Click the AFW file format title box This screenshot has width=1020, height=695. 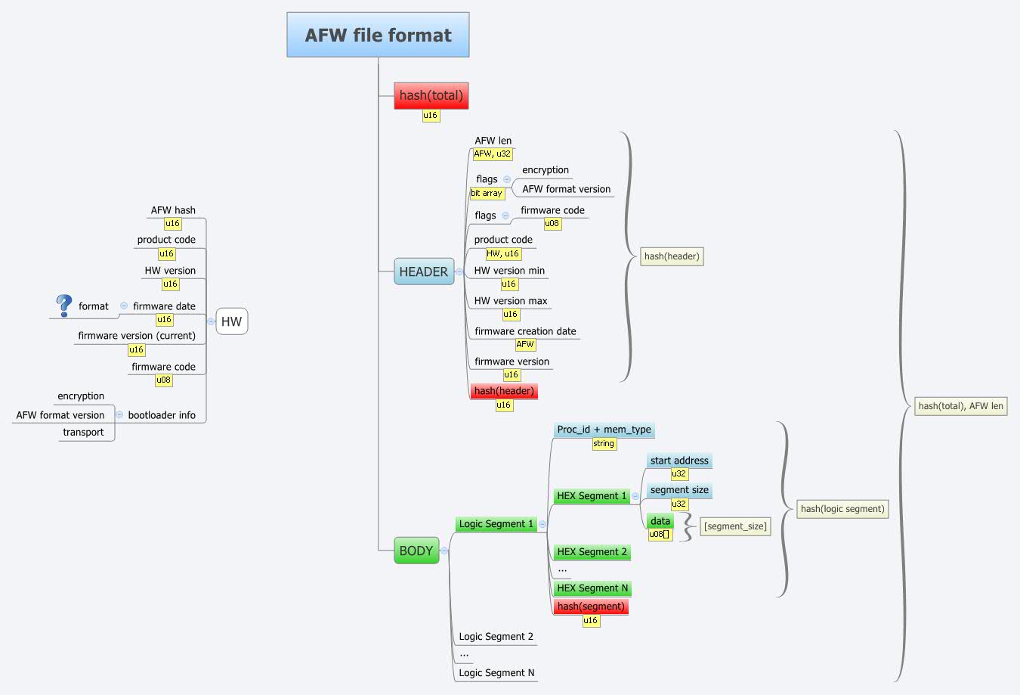378,35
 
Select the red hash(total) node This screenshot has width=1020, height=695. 431,95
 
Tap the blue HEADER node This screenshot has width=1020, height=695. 423,271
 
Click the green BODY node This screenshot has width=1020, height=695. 416,551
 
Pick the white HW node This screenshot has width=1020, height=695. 231,321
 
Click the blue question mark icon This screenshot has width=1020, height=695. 64,306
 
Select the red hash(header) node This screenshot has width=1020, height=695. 504,391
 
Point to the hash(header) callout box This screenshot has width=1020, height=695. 672,256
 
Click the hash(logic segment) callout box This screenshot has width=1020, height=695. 842,509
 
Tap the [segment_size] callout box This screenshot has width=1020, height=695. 735,526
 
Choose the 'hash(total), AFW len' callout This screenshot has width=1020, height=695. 960,406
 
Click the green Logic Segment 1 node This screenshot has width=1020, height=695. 496,524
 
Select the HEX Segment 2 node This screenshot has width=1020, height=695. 592,552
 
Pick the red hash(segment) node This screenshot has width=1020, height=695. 591,607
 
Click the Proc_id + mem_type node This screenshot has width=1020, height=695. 604,430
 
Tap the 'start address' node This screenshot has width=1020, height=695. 679,461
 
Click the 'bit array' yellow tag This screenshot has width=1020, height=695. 487,194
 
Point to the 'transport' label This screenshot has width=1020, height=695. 83,433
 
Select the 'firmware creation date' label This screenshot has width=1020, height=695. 525,331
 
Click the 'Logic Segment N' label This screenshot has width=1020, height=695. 496,673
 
